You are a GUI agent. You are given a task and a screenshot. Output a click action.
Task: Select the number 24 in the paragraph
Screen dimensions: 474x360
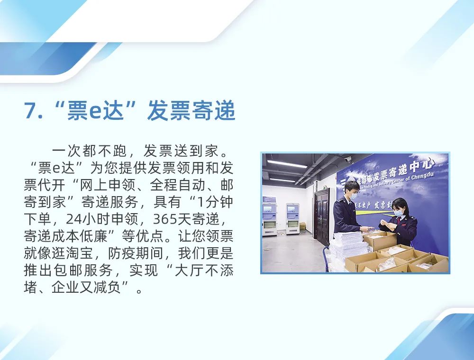click(73, 219)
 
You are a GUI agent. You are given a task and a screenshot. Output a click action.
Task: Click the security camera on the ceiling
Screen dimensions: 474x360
click(347, 159)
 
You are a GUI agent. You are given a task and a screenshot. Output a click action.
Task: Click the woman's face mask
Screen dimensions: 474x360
click(398, 213)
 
